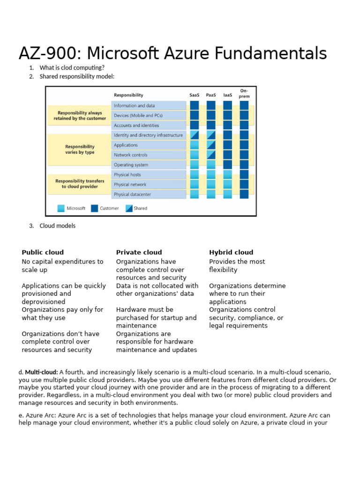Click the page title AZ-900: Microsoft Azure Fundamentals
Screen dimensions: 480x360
pyautogui.click(x=172, y=53)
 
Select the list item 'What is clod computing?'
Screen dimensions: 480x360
pyautogui.click(x=72, y=67)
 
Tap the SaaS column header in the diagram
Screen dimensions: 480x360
pyautogui.click(x=194, y=95)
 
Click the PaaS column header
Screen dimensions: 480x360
pyautogui.click(x=211, y=95)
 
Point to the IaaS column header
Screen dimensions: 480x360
pyautogui.click(x=227, y=95)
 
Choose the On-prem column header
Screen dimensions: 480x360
pyautogui.click(x=244, y=93)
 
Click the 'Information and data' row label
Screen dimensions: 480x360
pyautogui.click(x=134, y=106)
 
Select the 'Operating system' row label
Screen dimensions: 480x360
pyautogui.click(x=131, y=165)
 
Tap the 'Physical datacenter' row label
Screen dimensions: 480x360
pyautogui.click(x=132, y=195)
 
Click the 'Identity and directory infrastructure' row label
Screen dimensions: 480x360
pyautogui.click(x=148, y=135)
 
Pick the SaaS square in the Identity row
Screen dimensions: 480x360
pyautogui.click(x=194, y=135)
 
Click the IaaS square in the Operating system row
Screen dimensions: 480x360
pyautogui.click(x=227, y=165)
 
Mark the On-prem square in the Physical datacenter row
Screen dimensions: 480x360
pyautogui.click(x=244, y=194)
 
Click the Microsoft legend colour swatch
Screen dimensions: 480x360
pyautogui.click(x=61, y=209)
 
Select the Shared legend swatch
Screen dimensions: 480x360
pyautogui.click(x=129, y=209)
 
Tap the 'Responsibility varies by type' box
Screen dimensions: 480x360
pyautogui.click(x=80, y=150)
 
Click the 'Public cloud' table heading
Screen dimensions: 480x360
pyautogui.click(x=43, y=252)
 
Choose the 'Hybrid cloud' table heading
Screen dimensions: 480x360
pyautogui.click(x=231, y=252)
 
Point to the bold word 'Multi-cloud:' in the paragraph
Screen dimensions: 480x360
pyautogui.click(x=41, y=372)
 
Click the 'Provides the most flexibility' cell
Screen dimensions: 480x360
pyautogui.click(x=237, y=266)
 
